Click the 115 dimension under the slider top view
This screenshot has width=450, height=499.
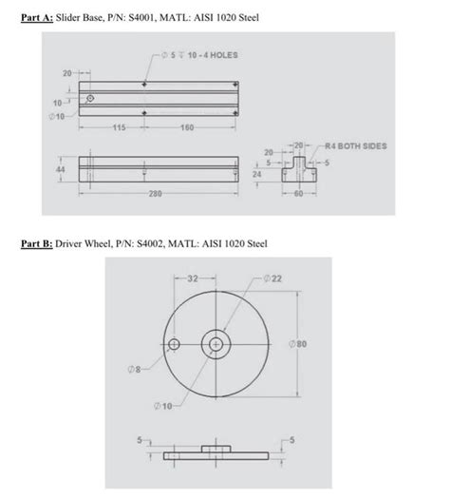(121, 126)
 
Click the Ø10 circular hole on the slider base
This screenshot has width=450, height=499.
(91, 98)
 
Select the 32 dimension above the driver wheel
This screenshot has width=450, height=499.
(195, 279)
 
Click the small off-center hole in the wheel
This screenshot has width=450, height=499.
(174, 343)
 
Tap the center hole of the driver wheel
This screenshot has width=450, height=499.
(216, 343)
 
